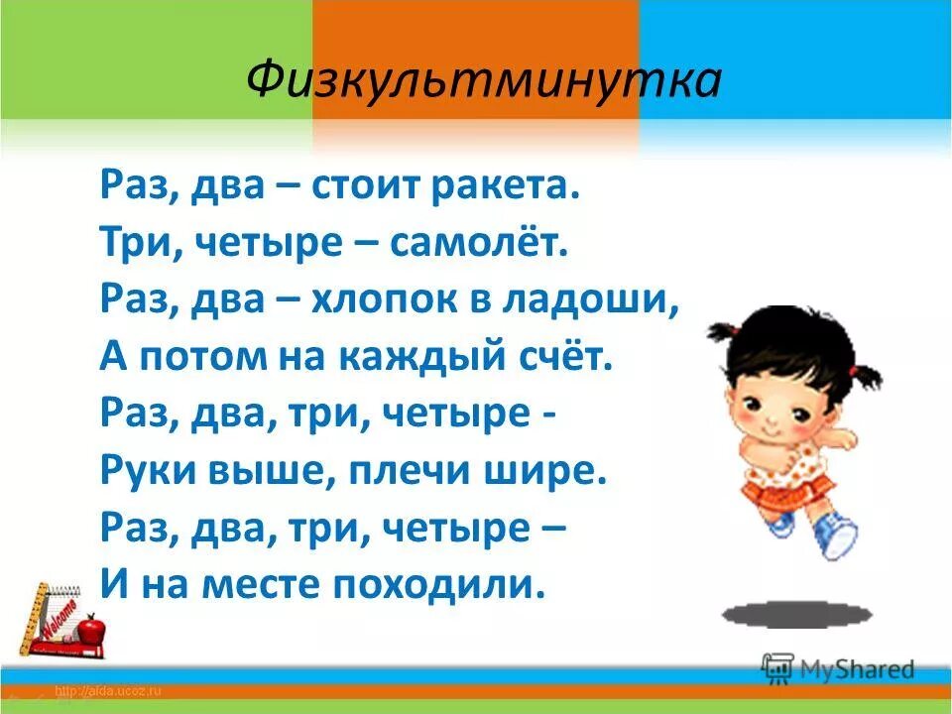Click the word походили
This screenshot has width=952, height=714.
click(435, 584)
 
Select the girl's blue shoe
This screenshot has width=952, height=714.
click(834, 535)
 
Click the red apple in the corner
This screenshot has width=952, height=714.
click(92, 628)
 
